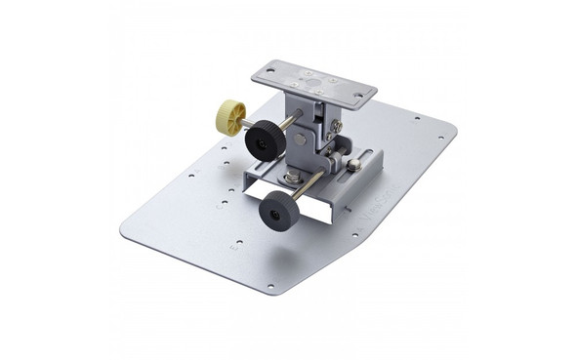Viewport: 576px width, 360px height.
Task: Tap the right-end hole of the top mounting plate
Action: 358,95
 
